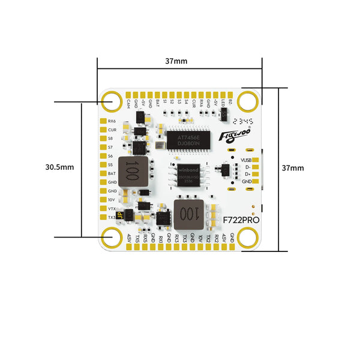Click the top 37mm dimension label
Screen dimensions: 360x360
coord(179,61)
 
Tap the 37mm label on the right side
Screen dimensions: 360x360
coord(293,169)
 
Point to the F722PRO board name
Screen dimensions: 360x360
coord(240,220)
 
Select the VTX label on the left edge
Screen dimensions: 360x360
coord(112,208)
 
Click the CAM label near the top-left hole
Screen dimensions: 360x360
coord(128,103)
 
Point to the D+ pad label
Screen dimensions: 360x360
coord(247,175)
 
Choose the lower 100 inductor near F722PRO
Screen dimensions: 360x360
coord(188,214)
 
